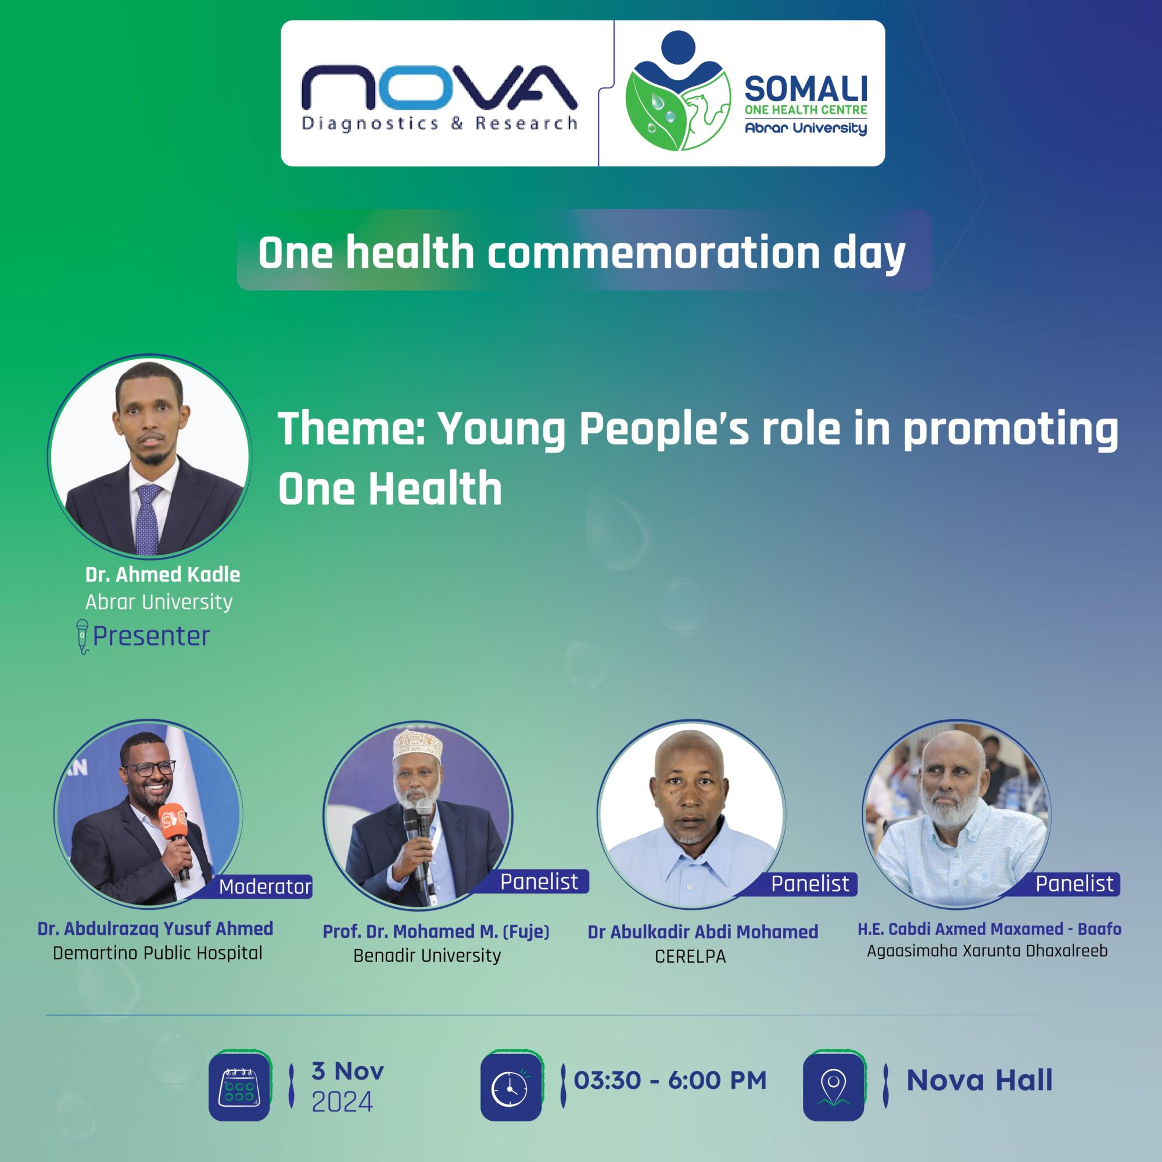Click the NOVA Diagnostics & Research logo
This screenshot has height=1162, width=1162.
click(x=439, y=96)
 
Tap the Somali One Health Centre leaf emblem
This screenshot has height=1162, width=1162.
click(x=679, y=96)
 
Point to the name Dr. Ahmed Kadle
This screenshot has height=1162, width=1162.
click(x=163, y=575)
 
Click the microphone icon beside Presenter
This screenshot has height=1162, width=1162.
click(x=82, y=636)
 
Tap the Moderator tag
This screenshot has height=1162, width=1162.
click(x=264, y=887)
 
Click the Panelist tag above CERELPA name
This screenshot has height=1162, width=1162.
click(x=809, y=884)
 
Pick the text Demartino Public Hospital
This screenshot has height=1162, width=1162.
click(x=157, y=953)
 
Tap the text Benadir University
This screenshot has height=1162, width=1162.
click(x=427, y=956)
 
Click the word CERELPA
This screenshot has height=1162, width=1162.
click(x=690, y=957)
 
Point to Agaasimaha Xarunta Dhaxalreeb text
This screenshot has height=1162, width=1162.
click(x=987, y=952)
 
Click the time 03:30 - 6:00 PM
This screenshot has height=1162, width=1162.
click(x=670, y=1080)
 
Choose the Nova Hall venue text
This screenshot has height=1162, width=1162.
click(x=979, y=1080)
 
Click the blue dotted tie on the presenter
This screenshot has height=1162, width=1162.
click(x=147, y=517)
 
